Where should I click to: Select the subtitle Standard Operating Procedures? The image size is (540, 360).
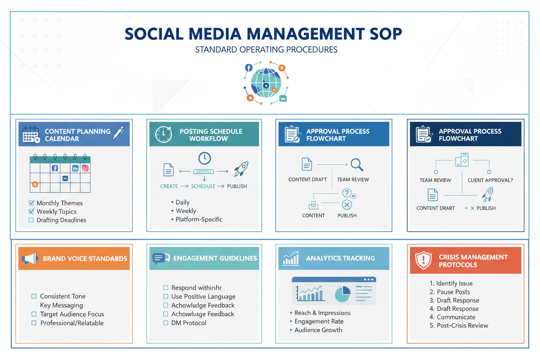[266, 50]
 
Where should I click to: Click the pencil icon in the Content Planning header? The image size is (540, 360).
[119, 132]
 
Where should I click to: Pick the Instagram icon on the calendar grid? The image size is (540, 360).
[85, 168]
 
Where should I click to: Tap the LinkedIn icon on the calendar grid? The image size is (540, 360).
[75, 168]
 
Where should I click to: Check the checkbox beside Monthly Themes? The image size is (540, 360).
[32, 203]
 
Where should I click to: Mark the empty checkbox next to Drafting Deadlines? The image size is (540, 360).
[31, 220]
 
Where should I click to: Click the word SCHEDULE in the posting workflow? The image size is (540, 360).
[203, 186]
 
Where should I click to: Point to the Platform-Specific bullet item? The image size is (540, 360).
[199, 219]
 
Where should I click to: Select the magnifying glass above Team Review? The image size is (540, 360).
[357, 165]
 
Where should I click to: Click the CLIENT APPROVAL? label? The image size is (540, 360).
[490, 180]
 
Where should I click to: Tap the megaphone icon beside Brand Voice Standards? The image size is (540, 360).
[29, 259]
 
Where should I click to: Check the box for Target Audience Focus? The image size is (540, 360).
[34, 314]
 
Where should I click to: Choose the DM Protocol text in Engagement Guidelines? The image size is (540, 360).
[189, 323]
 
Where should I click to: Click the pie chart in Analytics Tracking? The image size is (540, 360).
[342, 295]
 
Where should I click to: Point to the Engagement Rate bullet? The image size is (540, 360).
[319, 321]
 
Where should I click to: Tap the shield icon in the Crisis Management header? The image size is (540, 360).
[423, 260]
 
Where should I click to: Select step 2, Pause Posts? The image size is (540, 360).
[453, 292]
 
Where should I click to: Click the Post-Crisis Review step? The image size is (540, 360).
[462, 325]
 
